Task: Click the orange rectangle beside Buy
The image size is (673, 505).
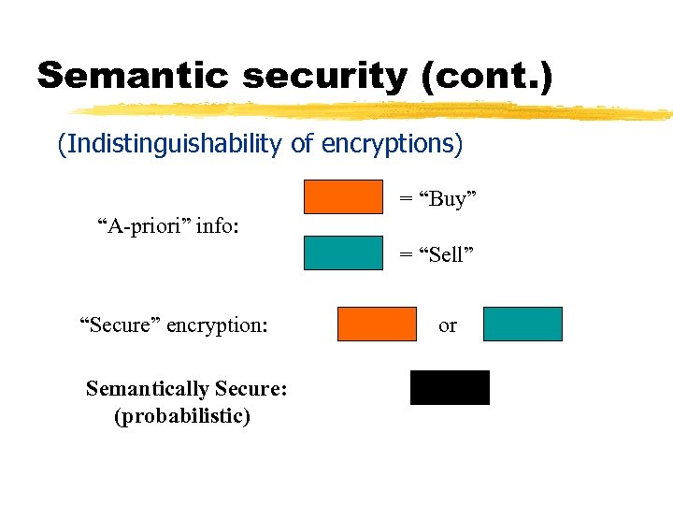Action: click(343, 196)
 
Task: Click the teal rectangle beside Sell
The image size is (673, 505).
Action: click(343, 252)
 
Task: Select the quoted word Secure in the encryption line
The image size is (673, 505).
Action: click(120, 325)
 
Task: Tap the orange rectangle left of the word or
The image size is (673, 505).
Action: click(377, 324)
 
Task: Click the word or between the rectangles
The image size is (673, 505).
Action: click(448, 325)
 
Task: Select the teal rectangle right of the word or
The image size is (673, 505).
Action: click(523, 324)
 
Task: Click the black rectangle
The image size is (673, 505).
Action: click(450, 387)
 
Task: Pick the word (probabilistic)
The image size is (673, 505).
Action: click(182, 416)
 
